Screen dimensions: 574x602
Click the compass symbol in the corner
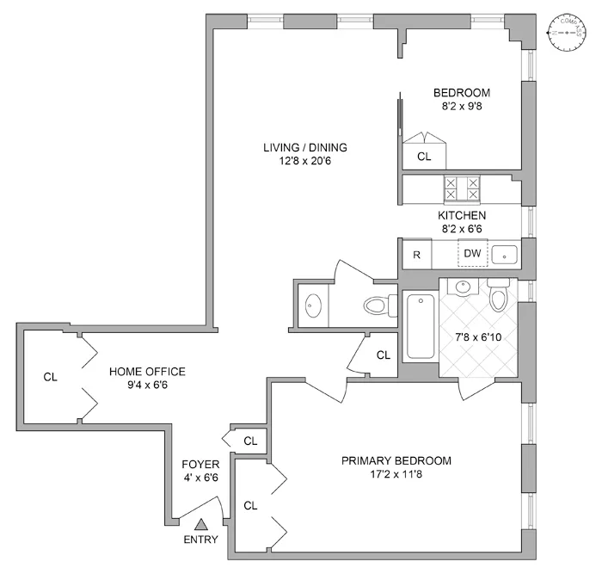click(x=567, y=33)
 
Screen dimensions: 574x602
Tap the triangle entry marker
click(x=201, y=523)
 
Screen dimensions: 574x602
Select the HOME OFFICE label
click(x=147, y=372)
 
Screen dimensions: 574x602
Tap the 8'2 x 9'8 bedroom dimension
click(x=462, y=107)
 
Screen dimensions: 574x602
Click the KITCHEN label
click(x=462, y=215)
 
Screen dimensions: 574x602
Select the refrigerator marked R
click(x=416, y=254)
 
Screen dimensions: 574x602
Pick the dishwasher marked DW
click(x=472, y=253)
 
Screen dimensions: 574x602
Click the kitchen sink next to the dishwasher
click(x=506, y=254)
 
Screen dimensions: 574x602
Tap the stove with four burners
click(x=463, y=188)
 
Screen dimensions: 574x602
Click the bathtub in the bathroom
click(x=421, y=326)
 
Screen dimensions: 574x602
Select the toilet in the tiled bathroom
click(x=498, y=295)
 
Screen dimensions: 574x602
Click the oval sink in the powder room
click(x=312, y=305)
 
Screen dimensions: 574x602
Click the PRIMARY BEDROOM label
click(x=396, y=460)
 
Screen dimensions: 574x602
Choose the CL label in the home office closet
click(x=51, y=376)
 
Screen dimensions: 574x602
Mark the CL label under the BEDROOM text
click(x=424, y=157)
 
